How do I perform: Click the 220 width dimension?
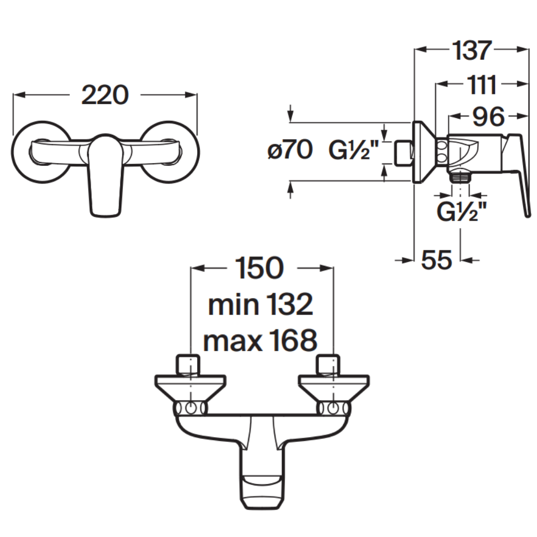coord(105,95)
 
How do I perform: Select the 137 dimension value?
coord(472,50)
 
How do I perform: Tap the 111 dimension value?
coord(482,85)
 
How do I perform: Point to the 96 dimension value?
coord(488,117)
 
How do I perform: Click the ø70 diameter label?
coord(290,150)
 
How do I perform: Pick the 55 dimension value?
coord(437,260)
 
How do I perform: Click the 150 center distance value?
coord(259,268)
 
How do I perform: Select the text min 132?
coord(260,304)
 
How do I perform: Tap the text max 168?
coord(260,340)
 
